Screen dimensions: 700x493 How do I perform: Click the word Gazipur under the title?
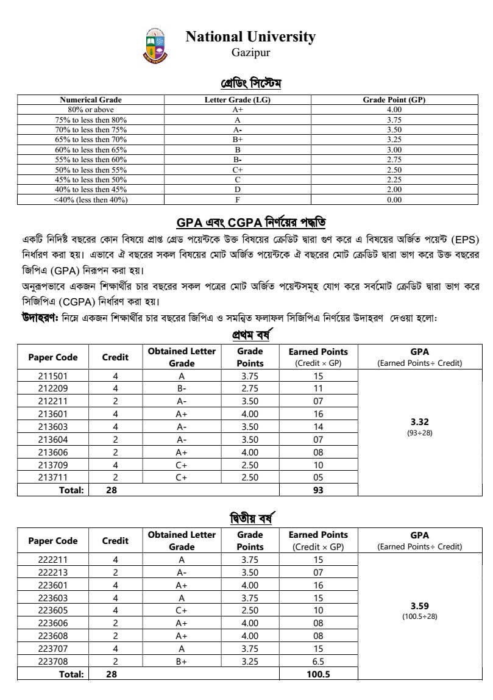coord(250,53)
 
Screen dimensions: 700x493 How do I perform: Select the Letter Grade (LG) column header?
coord(237,100)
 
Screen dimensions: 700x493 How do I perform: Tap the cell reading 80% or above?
coord(91,110)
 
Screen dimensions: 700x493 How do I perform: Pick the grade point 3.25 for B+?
coord(394,140)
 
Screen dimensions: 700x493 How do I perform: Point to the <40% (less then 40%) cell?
coord(91,199)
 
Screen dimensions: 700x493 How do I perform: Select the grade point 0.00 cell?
coord(394,199)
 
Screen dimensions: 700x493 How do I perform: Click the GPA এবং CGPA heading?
coord(255,221)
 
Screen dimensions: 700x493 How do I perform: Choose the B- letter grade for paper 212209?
coord(182,388)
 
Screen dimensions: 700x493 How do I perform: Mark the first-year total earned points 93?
coord(318,490)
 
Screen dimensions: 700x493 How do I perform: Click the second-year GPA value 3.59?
coord(419,605)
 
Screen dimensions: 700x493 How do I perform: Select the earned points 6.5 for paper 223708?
coord(318,661)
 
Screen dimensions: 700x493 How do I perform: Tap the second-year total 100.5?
coord(318,674)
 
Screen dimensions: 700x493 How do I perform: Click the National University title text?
coord(250,37)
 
